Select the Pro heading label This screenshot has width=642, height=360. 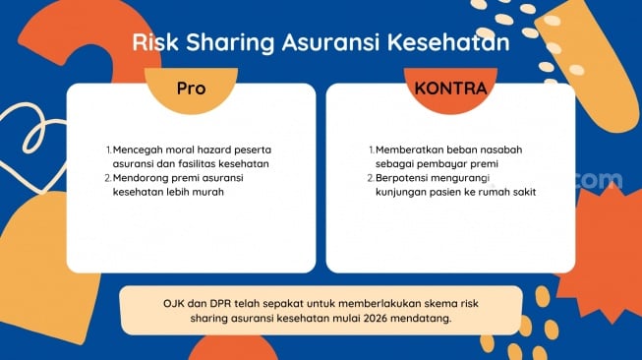(x=191, y=88)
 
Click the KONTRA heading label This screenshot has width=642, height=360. (x=449, y=88)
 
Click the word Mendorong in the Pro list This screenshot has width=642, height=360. (x=144, y=178)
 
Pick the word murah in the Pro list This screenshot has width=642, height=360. (x=207, y=192)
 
